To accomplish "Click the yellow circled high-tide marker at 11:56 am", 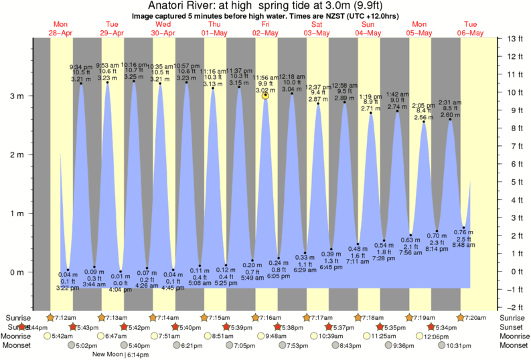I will (x=266, y=96).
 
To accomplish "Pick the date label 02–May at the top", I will (x=266, y=33).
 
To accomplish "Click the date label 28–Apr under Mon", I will (x=62, y=33).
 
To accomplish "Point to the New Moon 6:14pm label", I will (x=121, y=354).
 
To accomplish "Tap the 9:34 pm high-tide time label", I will (x=82, y=67).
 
